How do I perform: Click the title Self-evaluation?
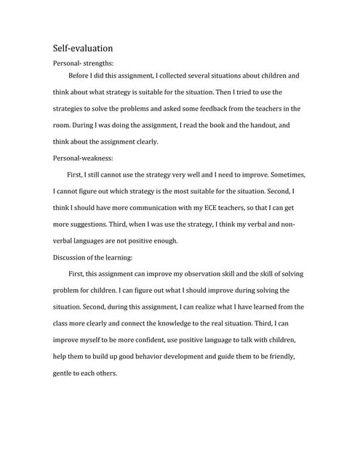[82, 49]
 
